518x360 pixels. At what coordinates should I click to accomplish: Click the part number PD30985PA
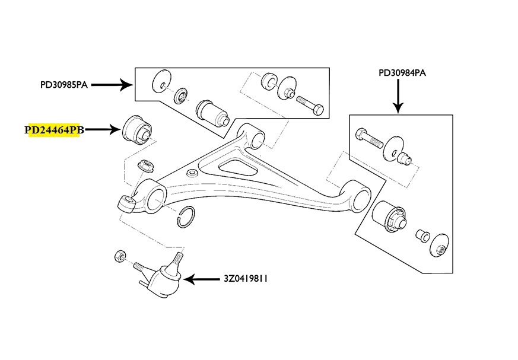(63, 85)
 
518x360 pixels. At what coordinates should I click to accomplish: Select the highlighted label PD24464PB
(53, 130)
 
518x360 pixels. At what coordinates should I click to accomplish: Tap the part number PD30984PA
(402, 73)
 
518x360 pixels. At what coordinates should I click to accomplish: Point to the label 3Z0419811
(246, 278)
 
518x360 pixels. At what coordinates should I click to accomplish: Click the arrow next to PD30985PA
(111, 85)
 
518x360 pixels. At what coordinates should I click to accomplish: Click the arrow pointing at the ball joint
(205, 278)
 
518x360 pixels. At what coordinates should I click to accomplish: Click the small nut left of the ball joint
(119, 257)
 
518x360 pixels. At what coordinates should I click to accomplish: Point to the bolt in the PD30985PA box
(309, 104)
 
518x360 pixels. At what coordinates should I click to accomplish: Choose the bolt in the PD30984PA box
(369, 139)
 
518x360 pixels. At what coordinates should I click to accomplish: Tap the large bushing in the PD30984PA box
(391, 216)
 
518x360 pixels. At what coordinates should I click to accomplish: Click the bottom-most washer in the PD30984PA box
(440, 244)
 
